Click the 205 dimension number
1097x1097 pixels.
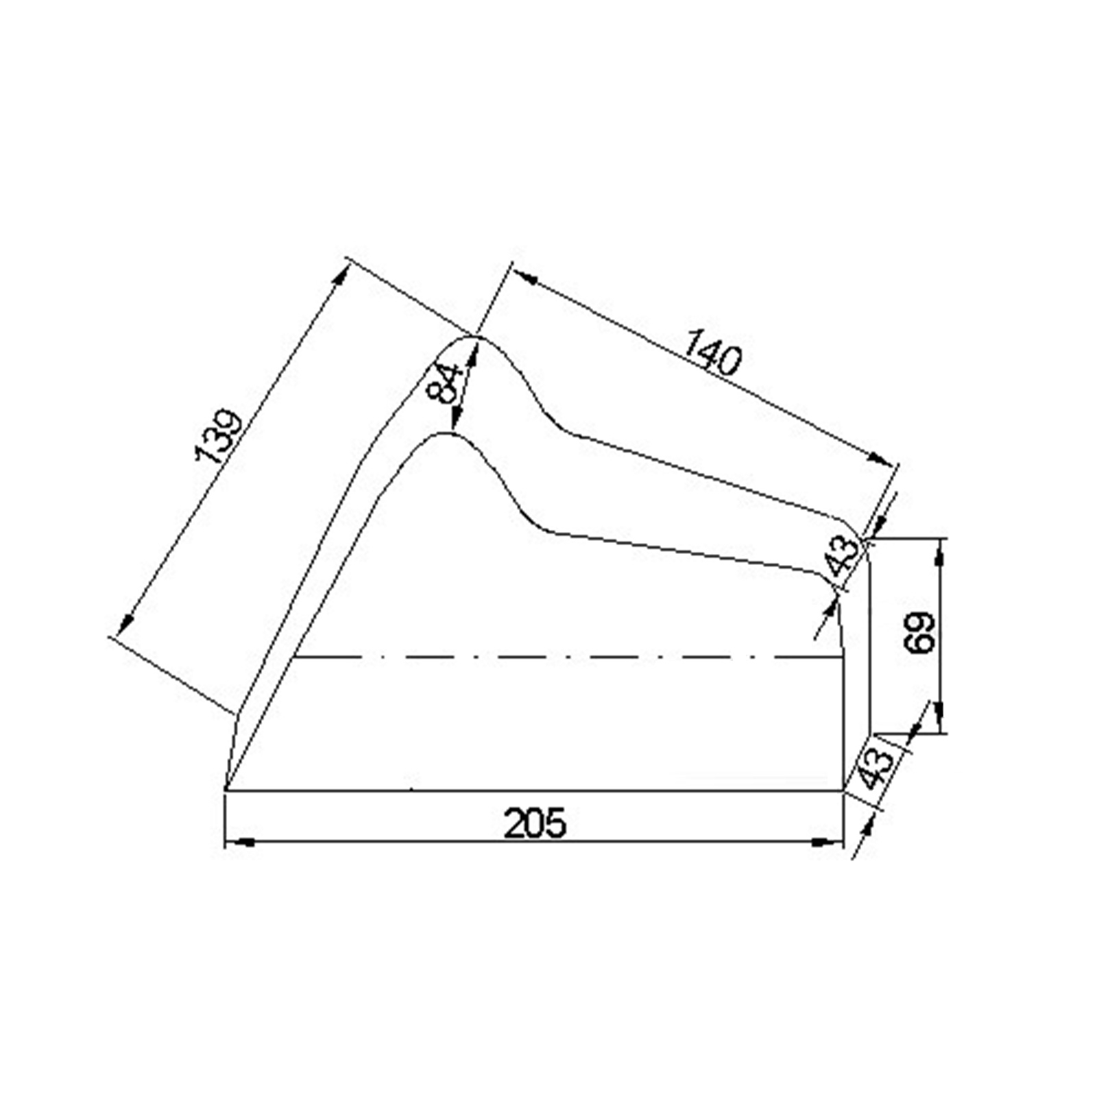[535, 823]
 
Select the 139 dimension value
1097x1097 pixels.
[219, 437]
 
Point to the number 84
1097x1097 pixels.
[444, 385]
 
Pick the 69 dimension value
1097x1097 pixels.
[919, 632]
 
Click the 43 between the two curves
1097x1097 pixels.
[842, 555]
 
